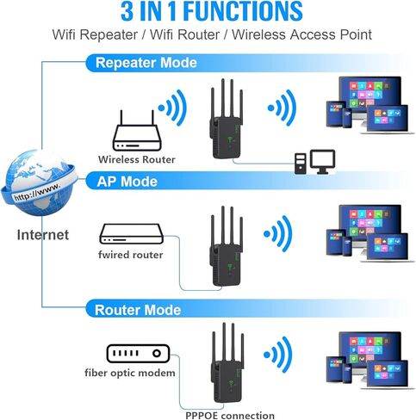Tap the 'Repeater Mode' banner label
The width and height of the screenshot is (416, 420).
146,63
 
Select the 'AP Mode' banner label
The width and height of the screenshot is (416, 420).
126,182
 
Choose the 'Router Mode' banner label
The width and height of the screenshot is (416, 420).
138,309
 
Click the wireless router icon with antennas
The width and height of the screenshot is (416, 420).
136,130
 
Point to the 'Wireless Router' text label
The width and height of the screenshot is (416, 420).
137,159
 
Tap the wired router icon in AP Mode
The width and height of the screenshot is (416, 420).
131,233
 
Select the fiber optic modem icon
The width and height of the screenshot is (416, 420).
136,353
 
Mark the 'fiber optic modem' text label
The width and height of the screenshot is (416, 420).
130,373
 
